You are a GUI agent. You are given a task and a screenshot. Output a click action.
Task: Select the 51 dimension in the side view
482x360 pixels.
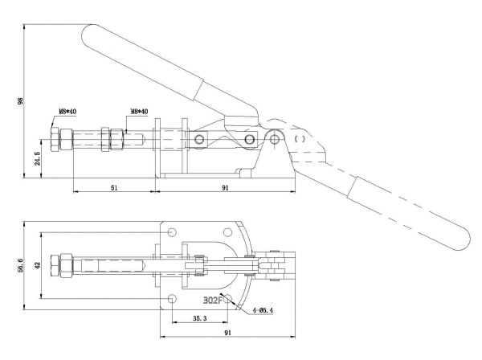(x=113, y=186)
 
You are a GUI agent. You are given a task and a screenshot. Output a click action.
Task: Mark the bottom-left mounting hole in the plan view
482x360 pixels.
(x=172, y=299)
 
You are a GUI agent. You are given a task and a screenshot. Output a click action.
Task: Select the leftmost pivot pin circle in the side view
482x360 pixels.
(x=200, y=141)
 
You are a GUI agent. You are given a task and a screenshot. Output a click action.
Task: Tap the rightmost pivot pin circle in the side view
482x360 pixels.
(x=276, y=139)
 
